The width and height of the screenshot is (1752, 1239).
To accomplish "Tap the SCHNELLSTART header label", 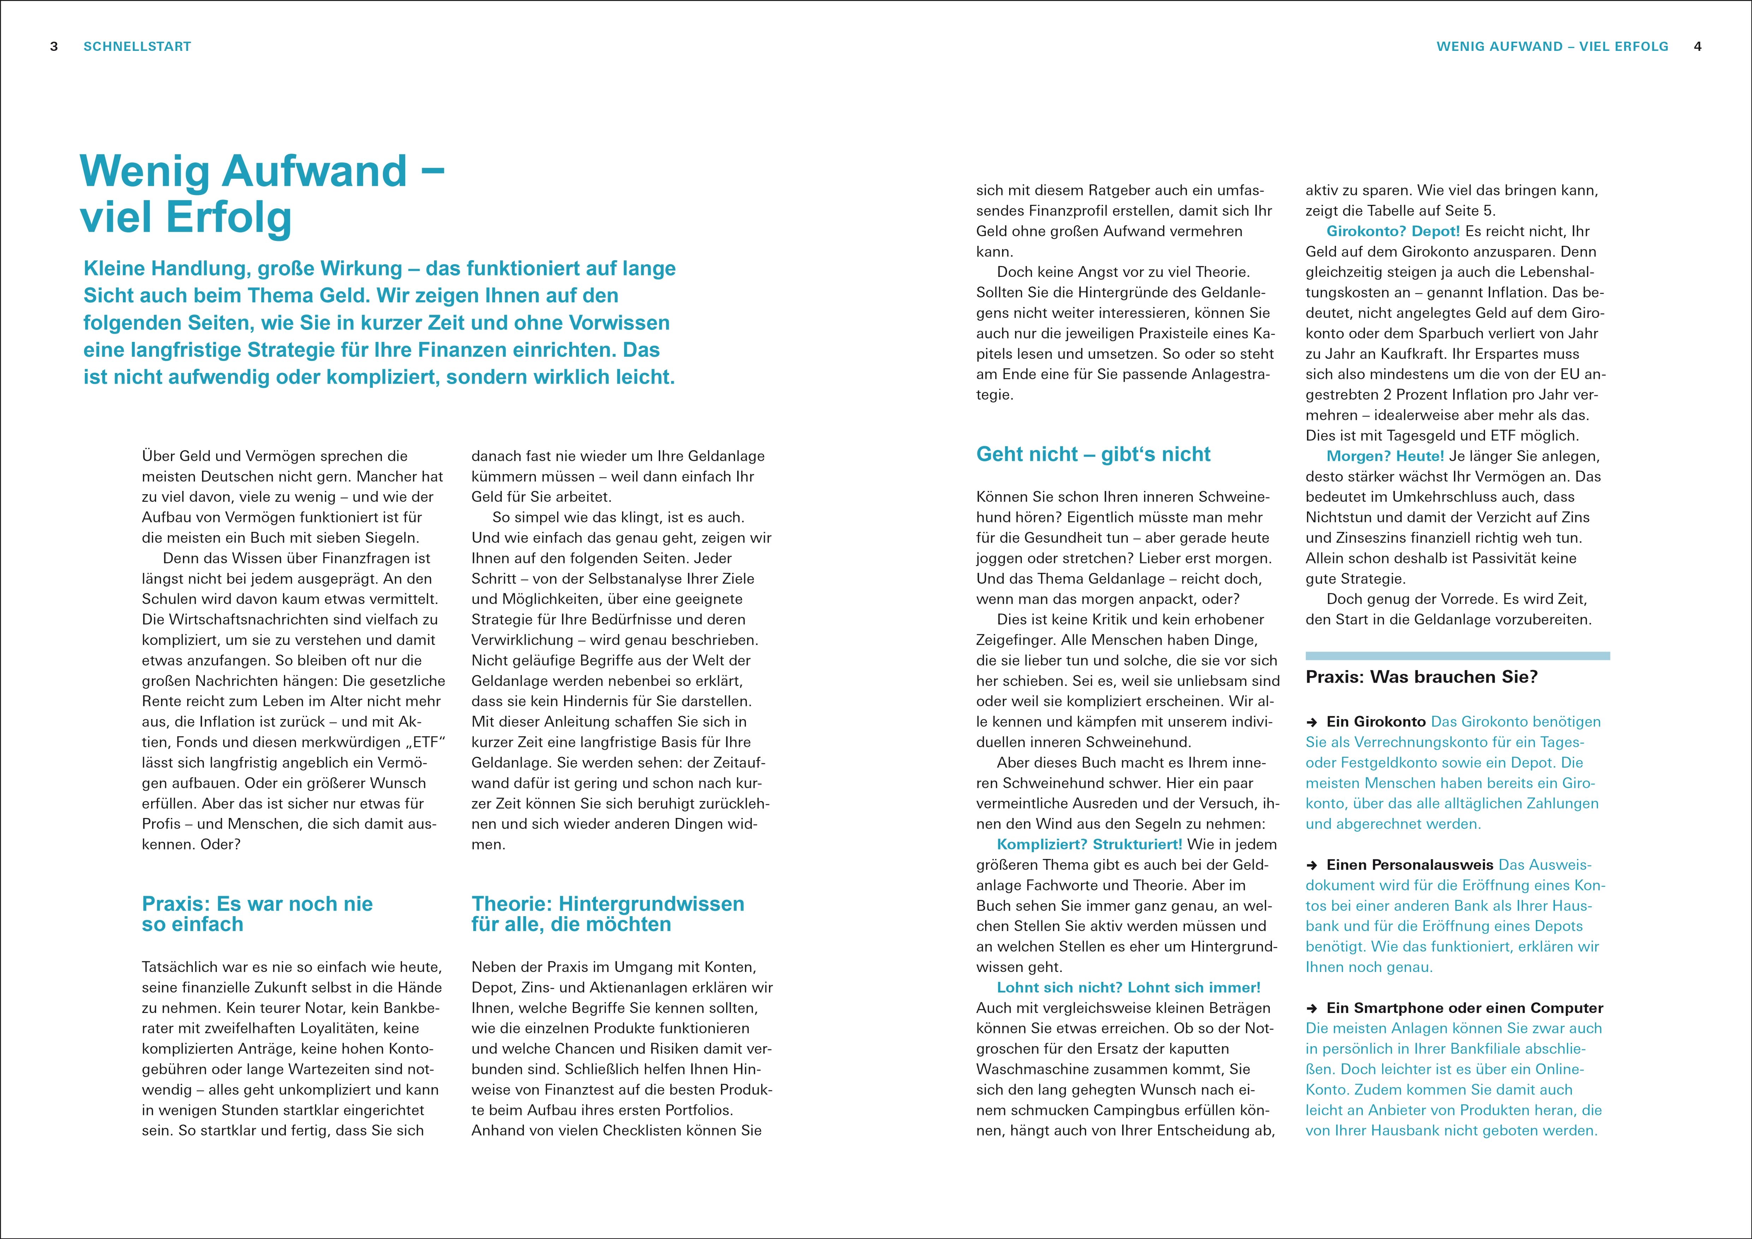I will tap(137, 47).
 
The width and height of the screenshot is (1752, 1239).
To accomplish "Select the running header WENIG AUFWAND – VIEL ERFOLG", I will tap(1552, 47).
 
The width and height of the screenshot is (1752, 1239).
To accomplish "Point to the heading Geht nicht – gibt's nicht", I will tap(1093, 455).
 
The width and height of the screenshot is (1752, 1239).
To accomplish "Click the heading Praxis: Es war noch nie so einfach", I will tap(257, 914).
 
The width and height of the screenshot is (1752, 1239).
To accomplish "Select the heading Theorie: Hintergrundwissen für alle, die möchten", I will tap(608, 914).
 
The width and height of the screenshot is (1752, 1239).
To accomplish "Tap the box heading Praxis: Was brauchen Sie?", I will tap(1422, 677).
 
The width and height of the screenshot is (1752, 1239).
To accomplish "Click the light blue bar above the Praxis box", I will tap(1457, 656).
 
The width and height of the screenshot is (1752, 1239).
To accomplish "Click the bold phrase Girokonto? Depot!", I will tap(1393, 231).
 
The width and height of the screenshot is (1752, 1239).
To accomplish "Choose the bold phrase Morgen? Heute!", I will tap(1385, 456).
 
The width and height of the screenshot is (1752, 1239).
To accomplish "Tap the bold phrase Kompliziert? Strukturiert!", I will tap(1089, 844).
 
